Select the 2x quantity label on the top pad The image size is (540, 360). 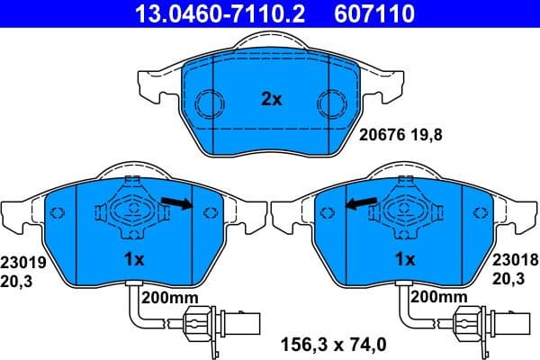click(x=271, y=100)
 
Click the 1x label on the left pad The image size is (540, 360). click(x=133, y=260)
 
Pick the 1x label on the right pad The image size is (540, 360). click(x=405, y=260)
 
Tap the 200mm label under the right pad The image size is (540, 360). click(x=440, y=297)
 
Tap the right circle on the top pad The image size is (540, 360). click(x=330, y=101)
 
